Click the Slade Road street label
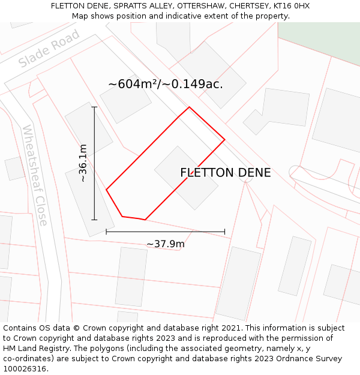click(49, 50)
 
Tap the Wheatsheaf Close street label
click(34, 175)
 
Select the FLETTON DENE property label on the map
click(226, 173)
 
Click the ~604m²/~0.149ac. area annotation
click(166, 84)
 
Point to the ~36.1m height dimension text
click(83, 163)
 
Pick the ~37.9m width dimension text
click(166, 244)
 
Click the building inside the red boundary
click(186, 178)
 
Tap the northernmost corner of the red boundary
click(189, 107)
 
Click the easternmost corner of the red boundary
click(224, 140)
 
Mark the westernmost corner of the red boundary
click(106, 190)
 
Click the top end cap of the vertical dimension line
click(94, 107)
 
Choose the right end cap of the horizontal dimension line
click(225, 232)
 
